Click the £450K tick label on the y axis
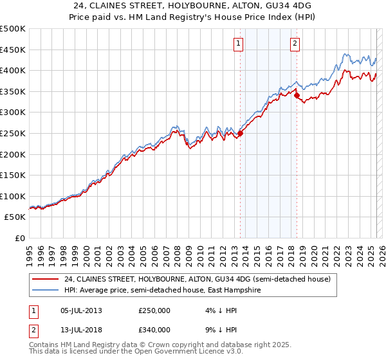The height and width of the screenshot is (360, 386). pyautogui.click(x=12, y=50)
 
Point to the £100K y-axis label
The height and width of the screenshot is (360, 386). pyautogui.click(x=12, y=196)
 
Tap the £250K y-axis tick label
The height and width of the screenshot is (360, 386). pyautogui.click(x=12, y=133)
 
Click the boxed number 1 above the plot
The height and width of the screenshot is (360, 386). pyautogui.click(x=238, y=44)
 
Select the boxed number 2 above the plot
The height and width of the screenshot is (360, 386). pyautogui.click(x=295, y=44)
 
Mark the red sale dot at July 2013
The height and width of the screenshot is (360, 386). pyautogui.click(x=240, y=134)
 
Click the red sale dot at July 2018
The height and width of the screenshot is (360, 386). pyautogui.click(x=297, y=96)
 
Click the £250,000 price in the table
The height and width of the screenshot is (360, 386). pyautogui.click(x=154, y=310)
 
